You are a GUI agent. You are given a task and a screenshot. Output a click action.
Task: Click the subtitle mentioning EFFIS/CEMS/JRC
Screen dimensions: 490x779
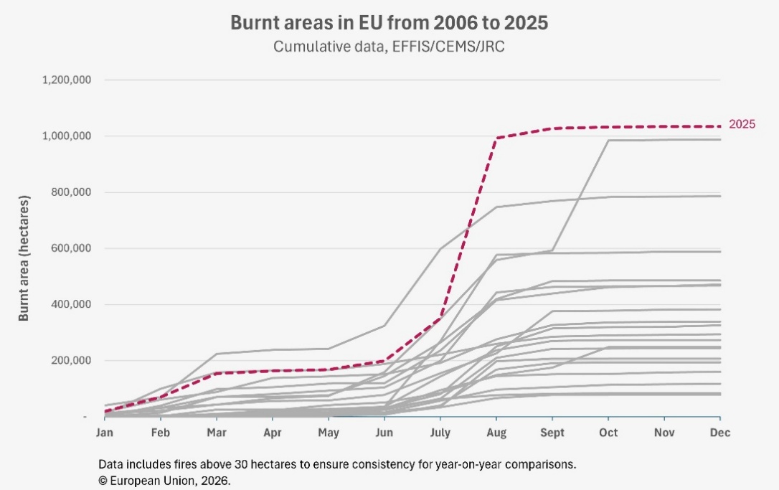tap(389, 47)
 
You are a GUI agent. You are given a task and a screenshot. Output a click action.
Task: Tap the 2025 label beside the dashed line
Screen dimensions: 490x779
tap(742, 124)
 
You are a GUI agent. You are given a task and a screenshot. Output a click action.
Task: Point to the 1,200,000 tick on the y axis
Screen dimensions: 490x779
tap(67, 80)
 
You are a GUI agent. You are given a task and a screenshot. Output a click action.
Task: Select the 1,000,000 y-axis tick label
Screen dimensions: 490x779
tap(67, 136)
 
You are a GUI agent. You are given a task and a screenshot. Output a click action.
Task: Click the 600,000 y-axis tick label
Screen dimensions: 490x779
tap(70, 248)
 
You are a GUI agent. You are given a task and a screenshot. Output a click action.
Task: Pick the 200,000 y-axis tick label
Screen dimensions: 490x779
tap(70, 361)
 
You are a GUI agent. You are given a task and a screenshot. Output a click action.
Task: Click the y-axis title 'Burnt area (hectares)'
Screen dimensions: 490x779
tap(24, 257)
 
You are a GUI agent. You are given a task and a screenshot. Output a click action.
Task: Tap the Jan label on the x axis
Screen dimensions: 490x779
tap(105, 433)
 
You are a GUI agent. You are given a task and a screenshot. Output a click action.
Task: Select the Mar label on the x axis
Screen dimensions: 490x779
tap(217, 433)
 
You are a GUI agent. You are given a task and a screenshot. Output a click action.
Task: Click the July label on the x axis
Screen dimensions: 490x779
tap(440, 433)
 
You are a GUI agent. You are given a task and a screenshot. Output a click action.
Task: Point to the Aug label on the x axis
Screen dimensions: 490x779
tap(496, 433)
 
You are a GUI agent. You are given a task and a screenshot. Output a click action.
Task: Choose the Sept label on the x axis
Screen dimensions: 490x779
tap(552, 433)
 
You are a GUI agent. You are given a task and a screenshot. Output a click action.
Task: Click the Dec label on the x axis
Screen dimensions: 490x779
tap(720, 433)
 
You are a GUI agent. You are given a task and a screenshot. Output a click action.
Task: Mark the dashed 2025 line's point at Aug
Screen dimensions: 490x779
tap(496, 138)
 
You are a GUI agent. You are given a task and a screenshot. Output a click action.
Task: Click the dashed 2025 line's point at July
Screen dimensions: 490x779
tap(440, 317)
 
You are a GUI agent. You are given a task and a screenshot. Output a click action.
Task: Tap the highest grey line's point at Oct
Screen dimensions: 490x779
tap(608, 140)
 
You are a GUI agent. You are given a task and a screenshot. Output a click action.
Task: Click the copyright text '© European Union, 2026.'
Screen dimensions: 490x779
tap(165, 481)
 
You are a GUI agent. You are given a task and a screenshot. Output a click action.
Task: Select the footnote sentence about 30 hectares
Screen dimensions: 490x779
tap(337, 464)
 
